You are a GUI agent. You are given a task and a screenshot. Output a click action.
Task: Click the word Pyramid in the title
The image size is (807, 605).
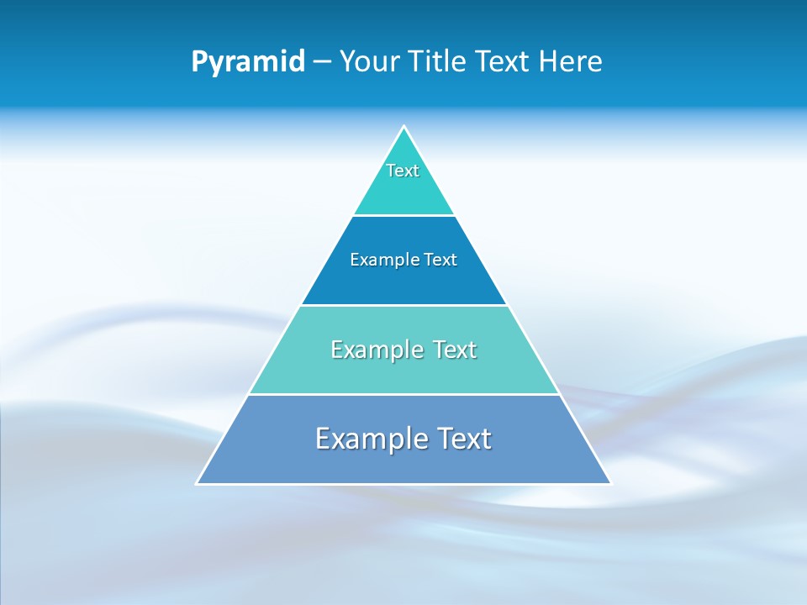pos(247,62)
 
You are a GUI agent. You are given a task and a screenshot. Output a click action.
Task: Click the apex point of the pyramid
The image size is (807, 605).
pos(403,127)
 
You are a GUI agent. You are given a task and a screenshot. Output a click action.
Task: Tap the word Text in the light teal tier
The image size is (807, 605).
pos(453,350)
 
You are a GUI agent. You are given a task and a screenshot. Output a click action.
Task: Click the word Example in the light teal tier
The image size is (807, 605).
pos(375,350)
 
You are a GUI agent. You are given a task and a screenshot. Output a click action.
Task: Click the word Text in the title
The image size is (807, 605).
pos(504,62)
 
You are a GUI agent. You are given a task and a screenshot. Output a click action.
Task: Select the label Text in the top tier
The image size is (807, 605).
pos(403,171)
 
